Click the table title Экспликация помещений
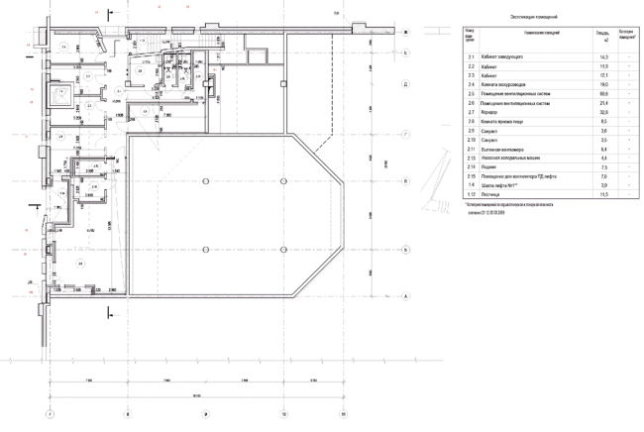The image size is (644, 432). (x=534, y=17)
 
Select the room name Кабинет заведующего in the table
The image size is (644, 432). (x=506, y=58)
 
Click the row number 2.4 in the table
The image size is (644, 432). (x=471, y=85)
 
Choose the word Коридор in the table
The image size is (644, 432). (x=491, y=112)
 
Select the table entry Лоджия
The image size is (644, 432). (x=491, y=166)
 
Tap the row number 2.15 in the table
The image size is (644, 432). (x=472, y=175)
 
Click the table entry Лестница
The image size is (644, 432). (x=493, y=193)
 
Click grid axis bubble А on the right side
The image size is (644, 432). (x=406, y=295)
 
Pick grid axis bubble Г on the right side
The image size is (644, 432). (x=406, y=132)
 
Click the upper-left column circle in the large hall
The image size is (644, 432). (x=204, y=179)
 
